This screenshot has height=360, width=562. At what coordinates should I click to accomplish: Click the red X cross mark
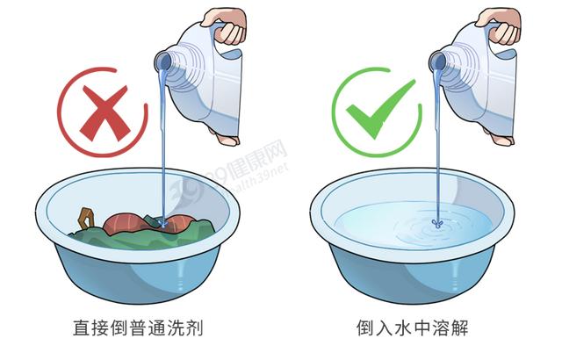[104, 113]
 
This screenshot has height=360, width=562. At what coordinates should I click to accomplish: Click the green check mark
[381, 109]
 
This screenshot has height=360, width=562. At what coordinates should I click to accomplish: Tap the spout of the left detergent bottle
[162, 62]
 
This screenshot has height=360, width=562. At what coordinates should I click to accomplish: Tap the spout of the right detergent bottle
[437, 61]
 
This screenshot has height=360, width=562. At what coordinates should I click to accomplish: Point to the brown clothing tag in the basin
[86, 219]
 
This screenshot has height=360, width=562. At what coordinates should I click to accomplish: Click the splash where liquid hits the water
[437, 224]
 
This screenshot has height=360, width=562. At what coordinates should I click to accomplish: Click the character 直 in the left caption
[82, 328]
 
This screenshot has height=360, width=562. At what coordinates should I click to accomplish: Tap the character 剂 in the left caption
[195, 328]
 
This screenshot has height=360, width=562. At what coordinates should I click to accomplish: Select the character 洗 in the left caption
[176, 328]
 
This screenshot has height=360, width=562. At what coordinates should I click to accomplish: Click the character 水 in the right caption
[402, 328]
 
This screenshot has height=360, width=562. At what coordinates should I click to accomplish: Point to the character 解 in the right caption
[459, 328]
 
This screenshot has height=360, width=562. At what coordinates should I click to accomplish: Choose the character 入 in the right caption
[384, 328]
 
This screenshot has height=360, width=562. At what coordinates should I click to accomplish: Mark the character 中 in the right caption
[421, 328]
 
